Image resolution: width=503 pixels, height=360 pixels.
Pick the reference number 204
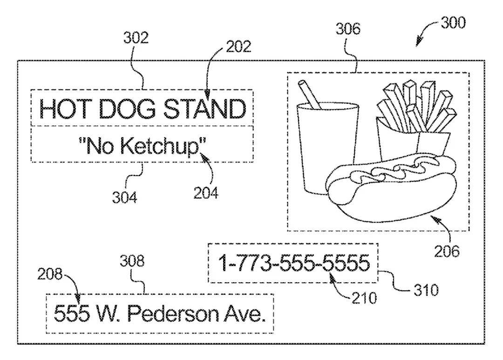tap(205, 192)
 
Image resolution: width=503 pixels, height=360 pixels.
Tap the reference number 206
tap(447, 251)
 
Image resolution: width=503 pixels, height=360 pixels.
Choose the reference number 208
tap(50, 275)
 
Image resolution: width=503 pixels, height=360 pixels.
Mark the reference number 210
tap(364, 297)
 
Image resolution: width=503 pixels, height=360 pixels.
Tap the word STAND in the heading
tap(205, 109)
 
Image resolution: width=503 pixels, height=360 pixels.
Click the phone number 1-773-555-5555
tap(294, 264)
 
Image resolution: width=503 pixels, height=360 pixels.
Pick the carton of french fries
tap(412, 135)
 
